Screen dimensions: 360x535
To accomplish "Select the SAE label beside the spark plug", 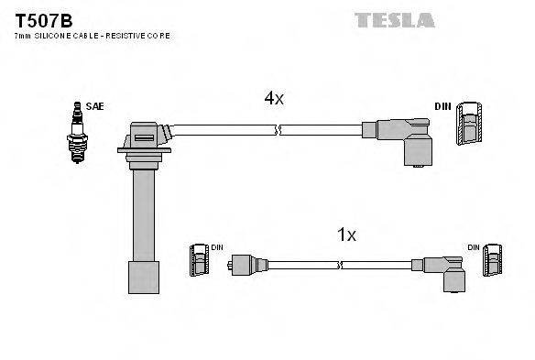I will pos(94,107).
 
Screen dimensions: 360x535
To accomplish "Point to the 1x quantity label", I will pos(345,235).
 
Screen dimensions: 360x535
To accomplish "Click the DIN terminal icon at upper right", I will pos(470,122).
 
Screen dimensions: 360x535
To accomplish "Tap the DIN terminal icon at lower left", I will pos(200,264).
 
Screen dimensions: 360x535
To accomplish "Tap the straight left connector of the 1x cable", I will pos(244,266).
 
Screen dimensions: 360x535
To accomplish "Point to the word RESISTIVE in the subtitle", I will pos(129,36).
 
